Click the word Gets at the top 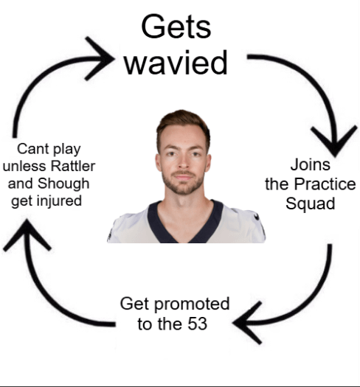(x=176, y=27)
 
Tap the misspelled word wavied (x=176, y=63)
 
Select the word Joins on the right (x=310, y=164)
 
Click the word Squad (x=310, y=203)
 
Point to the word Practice (x=326, y=184)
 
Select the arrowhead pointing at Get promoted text (x=247, y=324)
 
